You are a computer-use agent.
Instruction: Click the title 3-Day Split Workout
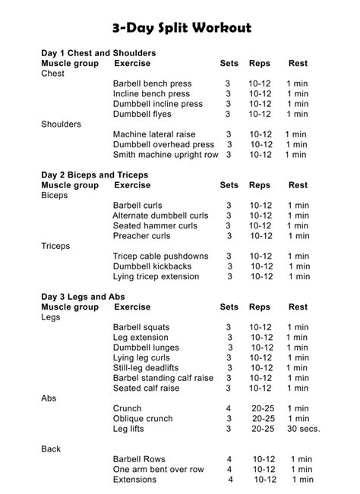(x=180, y=28)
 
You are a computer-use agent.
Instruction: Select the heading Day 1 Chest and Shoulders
(x=99, y=53)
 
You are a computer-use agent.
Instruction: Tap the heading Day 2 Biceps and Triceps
(x=94, y=175)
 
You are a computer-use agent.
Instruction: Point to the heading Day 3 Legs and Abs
(x=83, y=296)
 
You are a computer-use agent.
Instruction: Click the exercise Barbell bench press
(x=152, y=83)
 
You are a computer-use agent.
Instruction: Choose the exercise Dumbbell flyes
(x=142, y=114)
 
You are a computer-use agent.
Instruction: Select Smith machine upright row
(x=166, y=154)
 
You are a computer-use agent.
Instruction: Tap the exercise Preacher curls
(x=141, y=235)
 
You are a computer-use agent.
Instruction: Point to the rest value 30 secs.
(x=303, y=428)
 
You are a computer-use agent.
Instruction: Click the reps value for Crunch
(x=263, y=408)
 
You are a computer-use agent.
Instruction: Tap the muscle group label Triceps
(x=55, y=246)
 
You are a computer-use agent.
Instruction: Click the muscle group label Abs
(x=49, y=398)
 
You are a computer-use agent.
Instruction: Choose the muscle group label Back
(x=51, y=448)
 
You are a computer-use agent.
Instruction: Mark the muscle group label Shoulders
(x=61, y=124)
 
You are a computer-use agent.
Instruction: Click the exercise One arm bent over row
(x=159, y=469)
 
